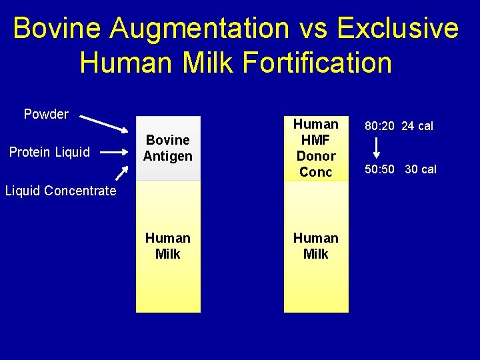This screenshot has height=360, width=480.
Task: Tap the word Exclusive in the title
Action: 398,29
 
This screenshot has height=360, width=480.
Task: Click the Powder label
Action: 46,114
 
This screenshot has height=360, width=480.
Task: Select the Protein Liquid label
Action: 49,152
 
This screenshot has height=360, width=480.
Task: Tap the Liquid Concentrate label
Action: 60,191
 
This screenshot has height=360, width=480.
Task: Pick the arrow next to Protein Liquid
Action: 113,151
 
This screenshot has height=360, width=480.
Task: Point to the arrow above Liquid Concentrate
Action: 121,173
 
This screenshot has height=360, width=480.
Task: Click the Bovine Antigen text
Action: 168,148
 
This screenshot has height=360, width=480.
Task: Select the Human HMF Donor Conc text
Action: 316,148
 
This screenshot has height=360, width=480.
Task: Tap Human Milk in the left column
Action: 168,246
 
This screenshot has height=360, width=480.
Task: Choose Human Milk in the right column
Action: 316,246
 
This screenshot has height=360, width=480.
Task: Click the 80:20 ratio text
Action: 377,126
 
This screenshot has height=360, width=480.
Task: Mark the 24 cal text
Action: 417,126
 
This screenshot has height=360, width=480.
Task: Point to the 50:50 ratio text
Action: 379,169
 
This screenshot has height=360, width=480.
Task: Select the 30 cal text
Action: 421,169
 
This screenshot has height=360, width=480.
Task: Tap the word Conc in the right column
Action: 316,172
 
